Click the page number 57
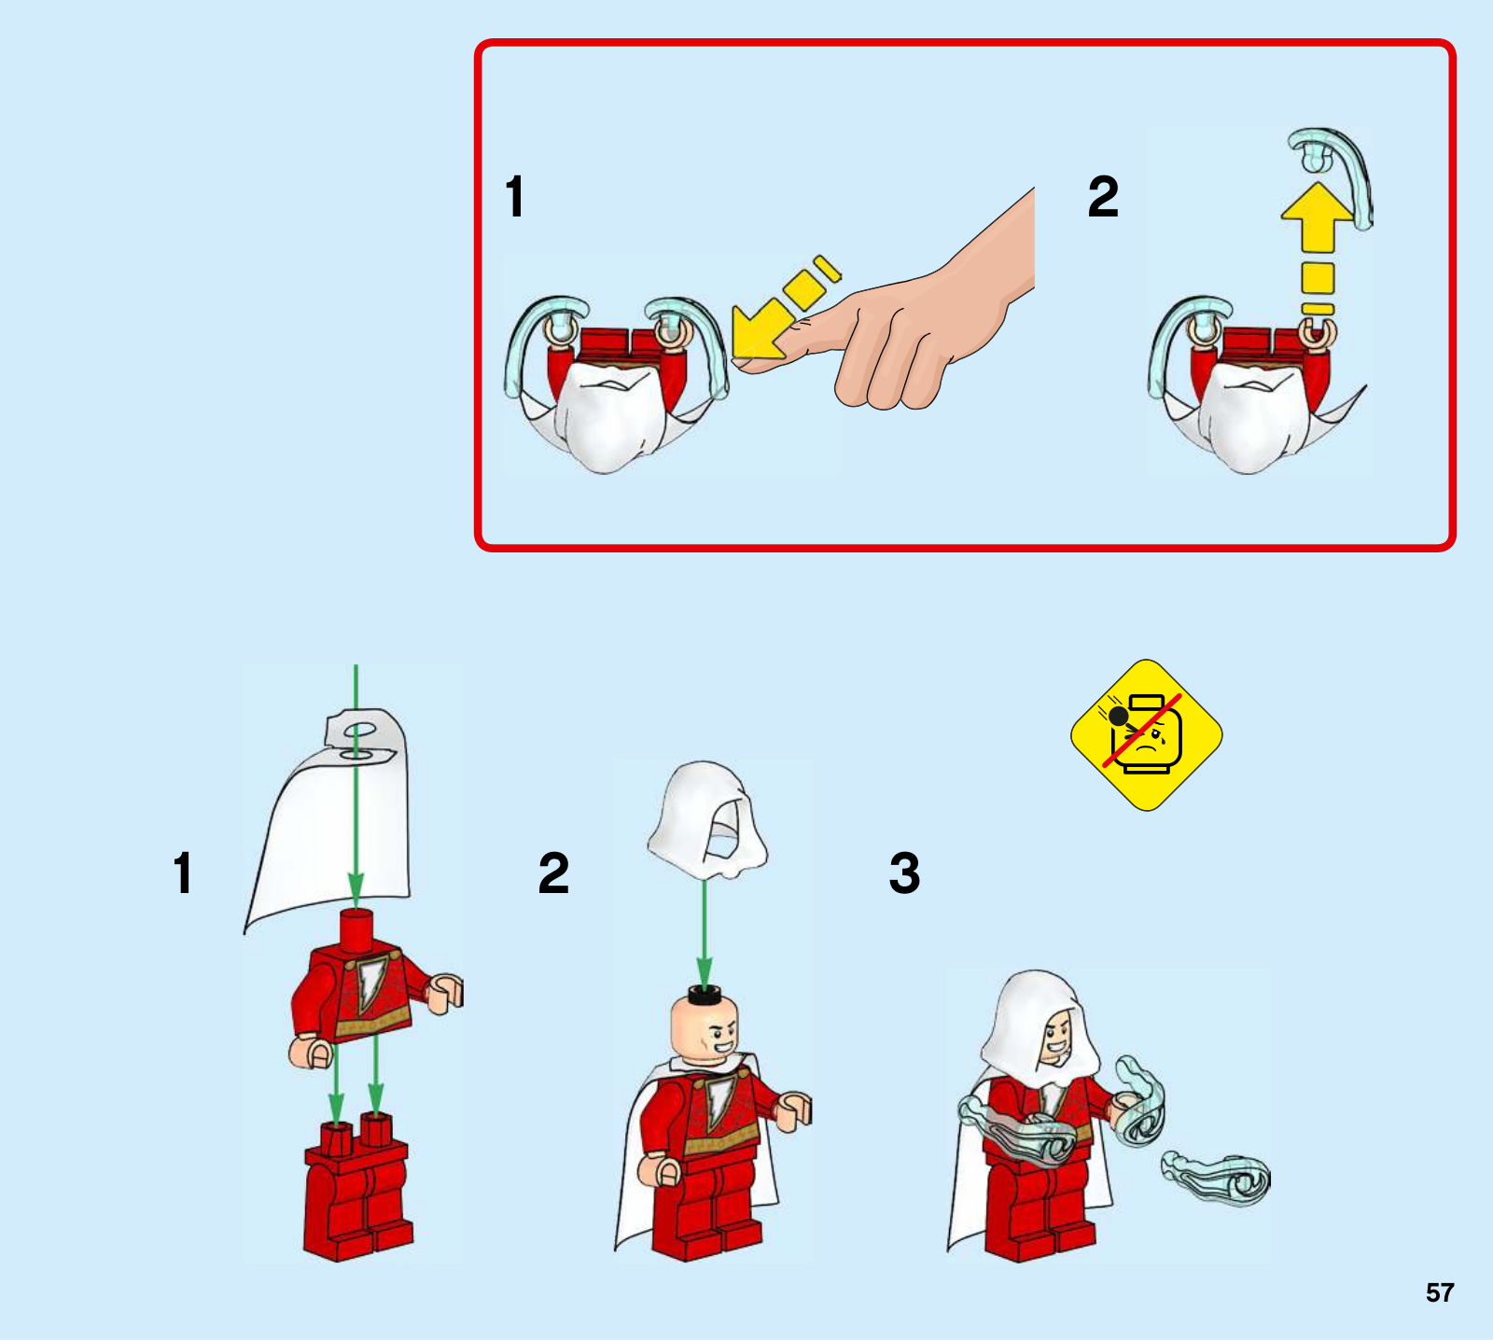[x=1439, y=1292]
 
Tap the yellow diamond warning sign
[x=1147, y=735]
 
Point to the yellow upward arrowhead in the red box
[x=1317, y=216]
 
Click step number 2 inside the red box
[x=1103, y=197]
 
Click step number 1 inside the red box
[x=514, y=197]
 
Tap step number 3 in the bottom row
[x=904, y=873]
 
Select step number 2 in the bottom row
[x=553, y=873]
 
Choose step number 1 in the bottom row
[x=183, y=873]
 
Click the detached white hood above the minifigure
[x=706, y=819]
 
